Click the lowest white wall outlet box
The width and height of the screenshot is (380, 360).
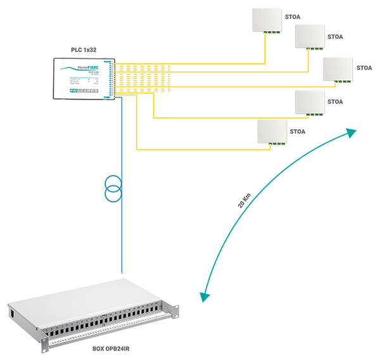click(272, 132)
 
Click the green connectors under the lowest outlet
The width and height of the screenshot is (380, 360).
click(274, 143)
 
